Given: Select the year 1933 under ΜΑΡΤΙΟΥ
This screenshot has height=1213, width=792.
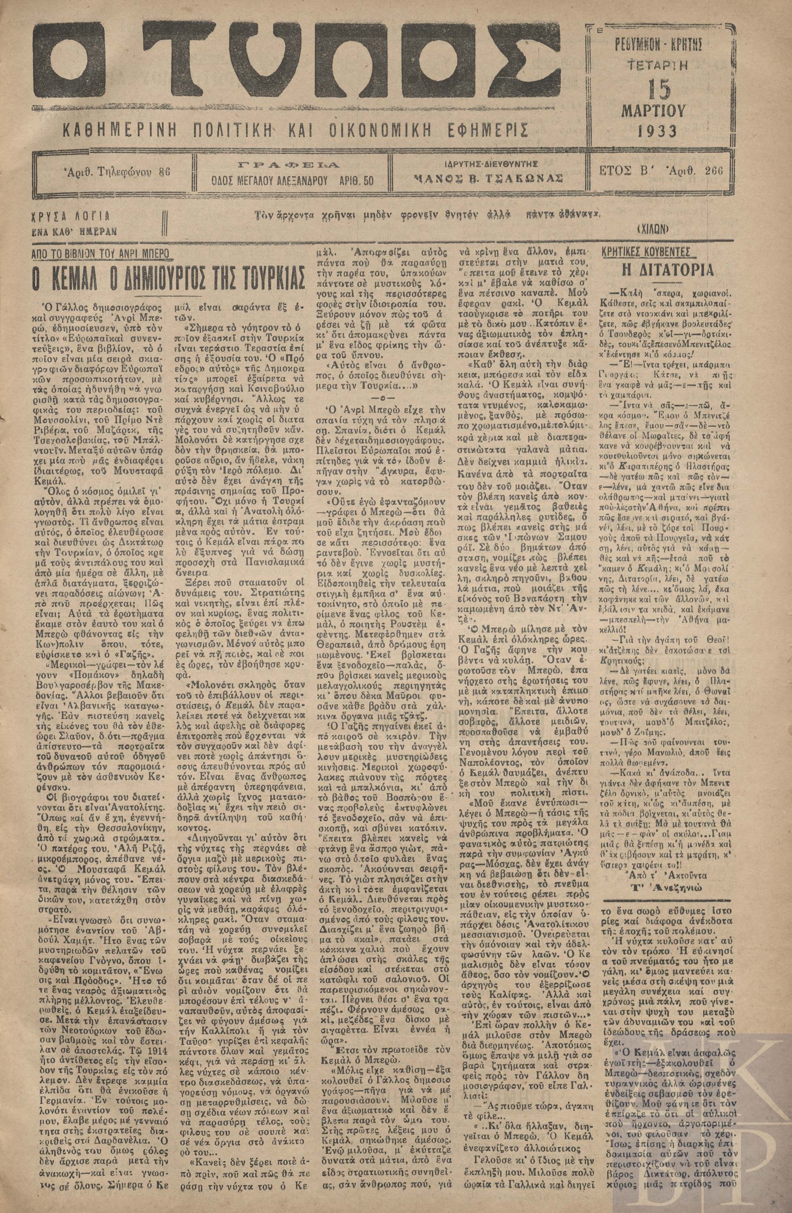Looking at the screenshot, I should tap(657, 131).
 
